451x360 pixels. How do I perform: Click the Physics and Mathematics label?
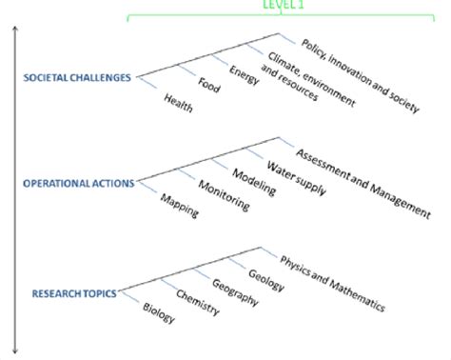331,284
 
